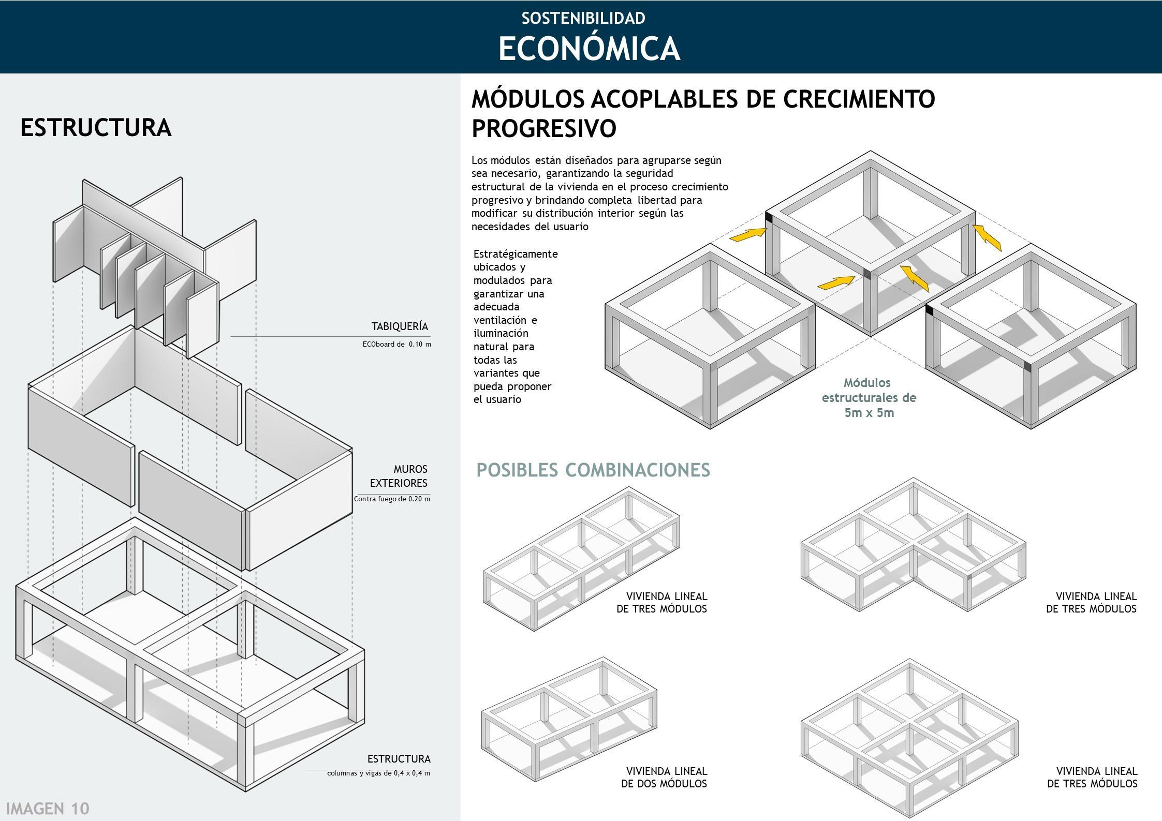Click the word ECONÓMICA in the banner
point(589,49)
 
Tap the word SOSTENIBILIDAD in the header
point(583,18)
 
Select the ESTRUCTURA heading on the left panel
point(96,128)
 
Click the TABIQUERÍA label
point(400,326)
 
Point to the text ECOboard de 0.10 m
point(396,344)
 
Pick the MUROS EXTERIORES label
point(399,476)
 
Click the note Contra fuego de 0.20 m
point(392,499)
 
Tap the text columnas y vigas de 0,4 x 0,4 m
point(378,773)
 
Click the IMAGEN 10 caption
point(48,809)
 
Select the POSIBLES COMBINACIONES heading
point(593,470)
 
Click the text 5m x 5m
point(869,413)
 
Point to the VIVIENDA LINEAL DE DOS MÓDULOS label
point(664,778)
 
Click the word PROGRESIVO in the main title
point(544,128)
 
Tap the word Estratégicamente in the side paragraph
point(516,254)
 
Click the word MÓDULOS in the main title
point(528,98)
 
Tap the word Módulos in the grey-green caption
point(867,383)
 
